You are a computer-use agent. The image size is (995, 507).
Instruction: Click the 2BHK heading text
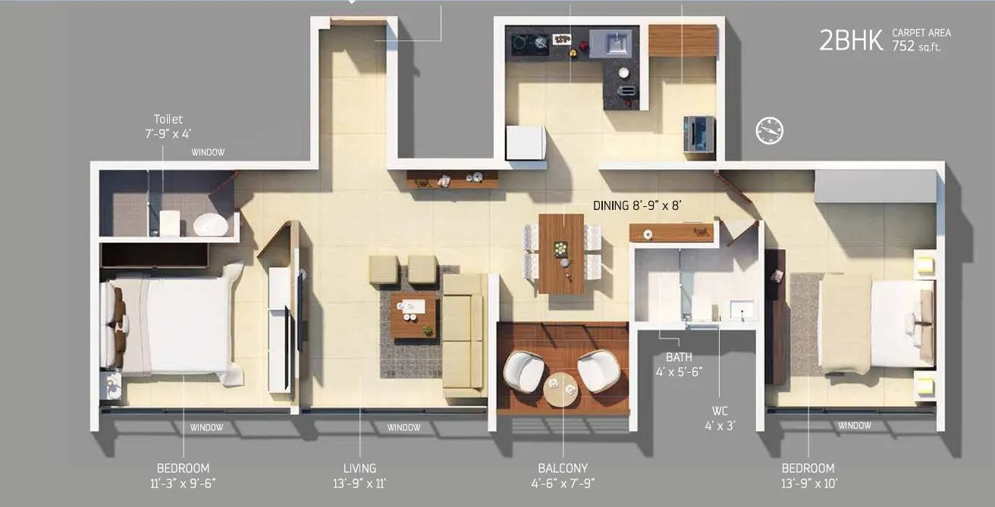point(851,41)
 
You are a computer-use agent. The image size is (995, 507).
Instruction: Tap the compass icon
point(769,131)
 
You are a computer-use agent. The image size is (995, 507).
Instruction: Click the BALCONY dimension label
point(563,475)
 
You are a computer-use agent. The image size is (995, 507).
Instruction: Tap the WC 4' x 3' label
point(719,419)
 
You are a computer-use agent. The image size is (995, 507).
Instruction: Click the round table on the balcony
point(562,389)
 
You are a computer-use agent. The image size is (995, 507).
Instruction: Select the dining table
point(561,254)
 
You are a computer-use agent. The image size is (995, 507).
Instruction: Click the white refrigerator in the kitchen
point(526,142)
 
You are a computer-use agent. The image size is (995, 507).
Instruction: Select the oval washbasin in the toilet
point(209,225)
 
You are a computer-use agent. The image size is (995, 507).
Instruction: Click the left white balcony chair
point(525,371)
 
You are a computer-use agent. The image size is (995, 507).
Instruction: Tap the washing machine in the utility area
point(698,134)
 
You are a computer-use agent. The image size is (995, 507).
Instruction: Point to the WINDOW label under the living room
point(403,427)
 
